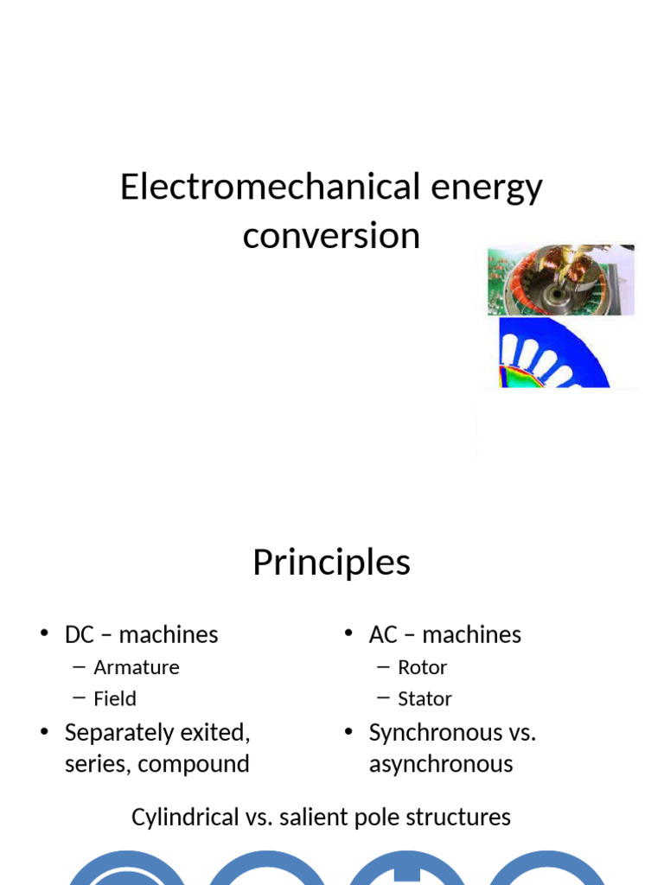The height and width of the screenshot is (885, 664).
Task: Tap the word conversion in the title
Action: click(331, 235)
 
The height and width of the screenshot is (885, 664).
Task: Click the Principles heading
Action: click(331, 563)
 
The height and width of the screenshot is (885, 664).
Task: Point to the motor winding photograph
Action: click(560, 280)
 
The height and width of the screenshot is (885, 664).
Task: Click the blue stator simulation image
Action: click(553, 353)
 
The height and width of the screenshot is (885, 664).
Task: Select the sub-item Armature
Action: click(137, 667)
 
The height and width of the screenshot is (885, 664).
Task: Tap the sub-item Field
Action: click(115, 698)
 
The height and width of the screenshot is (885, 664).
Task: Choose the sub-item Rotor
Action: click(422, 667)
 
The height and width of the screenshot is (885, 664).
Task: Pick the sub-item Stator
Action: click(425, 698)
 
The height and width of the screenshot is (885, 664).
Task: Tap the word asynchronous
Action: click(441, 764)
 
